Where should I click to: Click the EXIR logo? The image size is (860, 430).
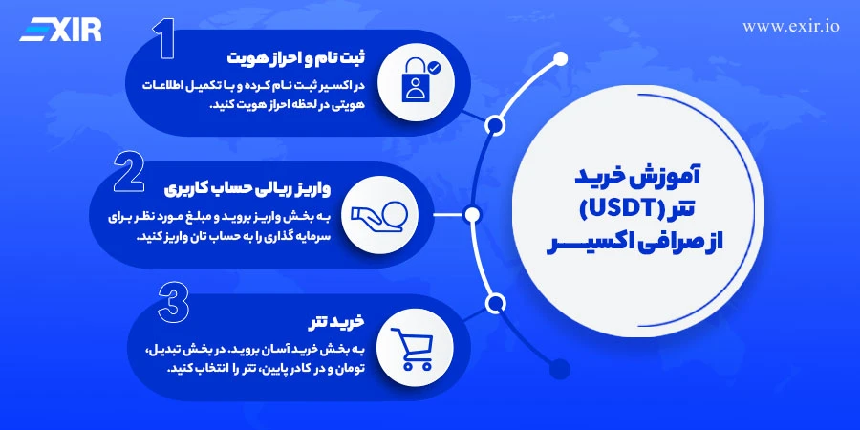60,30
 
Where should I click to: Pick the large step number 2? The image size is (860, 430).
129,171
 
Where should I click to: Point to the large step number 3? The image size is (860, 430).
173,302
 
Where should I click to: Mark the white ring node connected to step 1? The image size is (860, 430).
495,124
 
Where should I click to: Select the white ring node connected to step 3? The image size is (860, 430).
495,304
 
